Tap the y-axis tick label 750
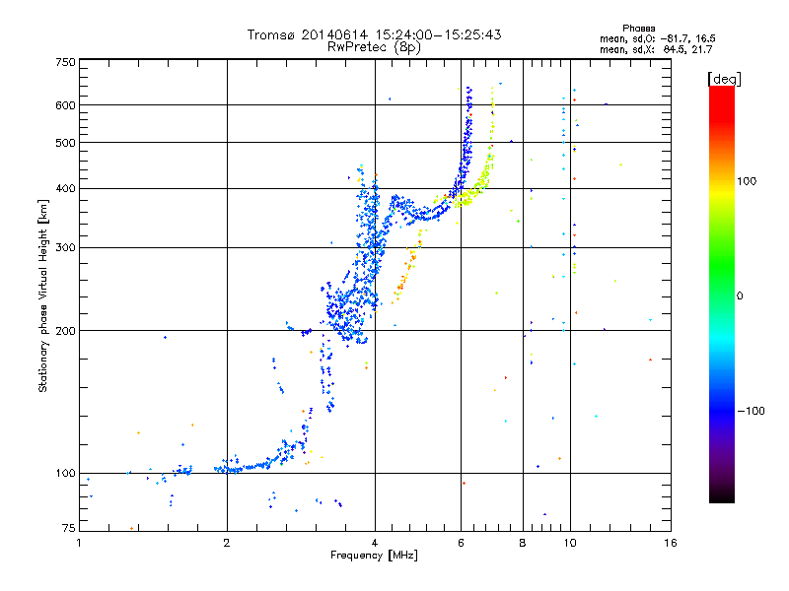pos(66,62)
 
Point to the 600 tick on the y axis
pos(66,104)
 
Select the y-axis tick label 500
pos(66,143)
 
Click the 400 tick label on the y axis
pos(66,188)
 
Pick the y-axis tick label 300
pos(66,247)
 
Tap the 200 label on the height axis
pos(66,330)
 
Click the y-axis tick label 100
pos(66,473)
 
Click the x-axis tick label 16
pos(670,543)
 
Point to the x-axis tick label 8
pos(523,543)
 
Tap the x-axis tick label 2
pos(227,543)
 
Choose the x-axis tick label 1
pos(79,543)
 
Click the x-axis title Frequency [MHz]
pos(374,557)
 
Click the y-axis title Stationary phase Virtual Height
pos(42,295)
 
